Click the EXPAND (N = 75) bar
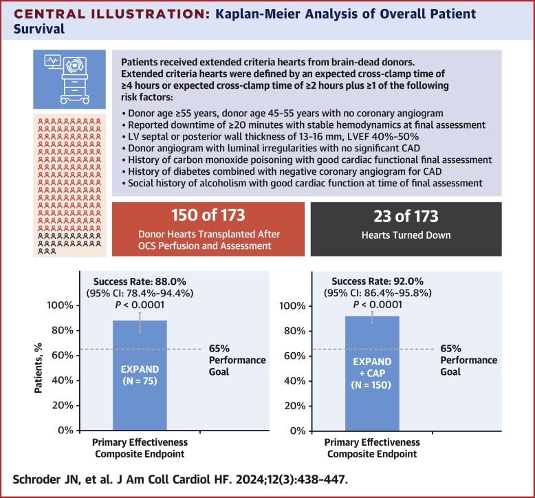pos(140,375)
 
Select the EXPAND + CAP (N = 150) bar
pos(372,373)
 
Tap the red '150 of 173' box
pos(208,229)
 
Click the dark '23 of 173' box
pos(406,229)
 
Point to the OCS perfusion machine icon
pos(69,79)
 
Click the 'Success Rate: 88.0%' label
pos(140,281)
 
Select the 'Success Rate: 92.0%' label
pos(378,281)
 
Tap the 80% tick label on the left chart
pos(63,330)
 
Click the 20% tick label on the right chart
pos(294,406)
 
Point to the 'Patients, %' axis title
pos(39,368)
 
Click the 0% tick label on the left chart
pos(65,430)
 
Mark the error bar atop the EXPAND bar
pos(140,323)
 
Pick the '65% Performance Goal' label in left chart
pos(237,360)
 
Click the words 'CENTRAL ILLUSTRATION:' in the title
pos(112,14)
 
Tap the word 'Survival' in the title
pos(39,29)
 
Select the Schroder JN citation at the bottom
pos(180,479)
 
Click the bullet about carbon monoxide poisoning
pos(307,160)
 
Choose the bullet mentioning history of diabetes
pos(282,171)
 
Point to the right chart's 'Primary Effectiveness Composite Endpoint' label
pos(372,448)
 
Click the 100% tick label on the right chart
pos(292,306)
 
